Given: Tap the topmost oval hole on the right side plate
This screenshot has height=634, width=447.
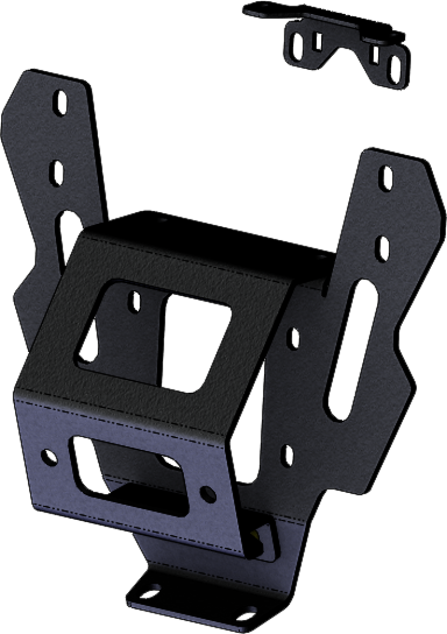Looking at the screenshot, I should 386,178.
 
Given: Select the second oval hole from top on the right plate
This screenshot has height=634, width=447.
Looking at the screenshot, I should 383,248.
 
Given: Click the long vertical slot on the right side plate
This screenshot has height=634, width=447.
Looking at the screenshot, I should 343,353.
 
